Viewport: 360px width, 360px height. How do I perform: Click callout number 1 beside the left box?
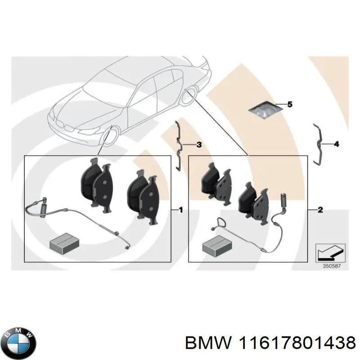point(181,210)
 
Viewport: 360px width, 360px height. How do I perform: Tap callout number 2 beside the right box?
point(320,210)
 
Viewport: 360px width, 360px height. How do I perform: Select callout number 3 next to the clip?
point(199,145)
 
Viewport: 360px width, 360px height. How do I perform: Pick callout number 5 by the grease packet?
point(290,104)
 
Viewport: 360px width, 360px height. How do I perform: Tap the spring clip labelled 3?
point(178,146)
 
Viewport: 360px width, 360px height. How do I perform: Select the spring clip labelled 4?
point(318,144)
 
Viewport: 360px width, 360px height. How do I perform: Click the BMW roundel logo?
point(20,343)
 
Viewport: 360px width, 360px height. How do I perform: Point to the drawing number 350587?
point(332,266)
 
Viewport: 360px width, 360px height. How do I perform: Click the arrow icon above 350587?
point(330,253)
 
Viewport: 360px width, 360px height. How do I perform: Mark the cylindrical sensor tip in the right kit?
point(283,201)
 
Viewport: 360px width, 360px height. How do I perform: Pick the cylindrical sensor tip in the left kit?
point(43,207)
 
